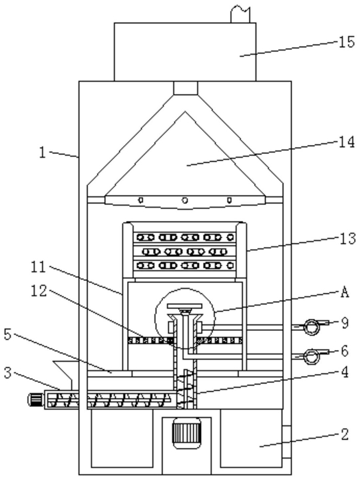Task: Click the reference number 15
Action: [x=347, y=42]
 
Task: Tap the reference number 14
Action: [x=347, y=142]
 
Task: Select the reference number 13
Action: [x=347, y=238]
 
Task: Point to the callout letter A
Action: [x=345, y=292]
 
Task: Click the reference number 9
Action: [x=345, y=323]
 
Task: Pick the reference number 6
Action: [x=345, y=351]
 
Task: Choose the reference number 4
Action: [x=345, y=372]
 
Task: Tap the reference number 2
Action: [x=345, y=434]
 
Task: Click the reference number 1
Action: [x=43, y=152]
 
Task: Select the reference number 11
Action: [x=39, y=267]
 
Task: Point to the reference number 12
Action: [x=39, y=291]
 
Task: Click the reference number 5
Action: [x=7, y=334]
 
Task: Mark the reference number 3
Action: [x=7, y=373]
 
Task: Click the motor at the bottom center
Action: [x=186, y=434]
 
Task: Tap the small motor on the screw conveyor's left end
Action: [x=36, y=399]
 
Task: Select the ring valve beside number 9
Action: [x=311, y=327]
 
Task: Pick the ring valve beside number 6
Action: [x=311, y=356]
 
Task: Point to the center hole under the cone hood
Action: [x=185, y=200]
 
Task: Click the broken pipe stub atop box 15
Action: [x=240, y=14]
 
